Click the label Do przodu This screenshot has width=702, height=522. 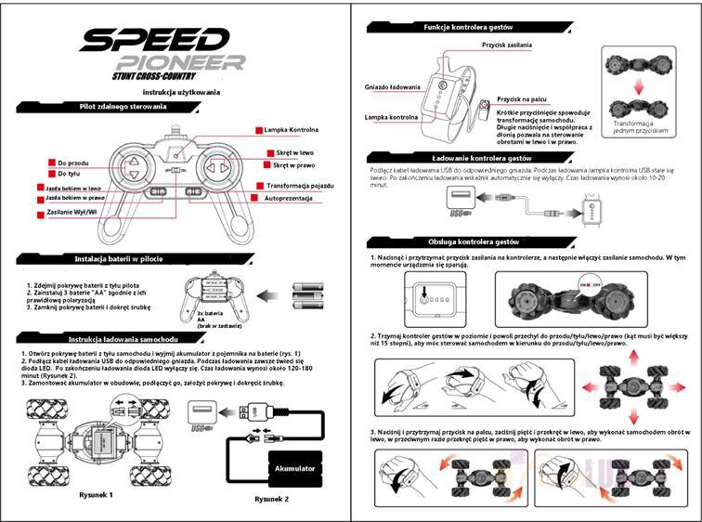pos(72,163)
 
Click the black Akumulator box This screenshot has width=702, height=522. pos(297,469)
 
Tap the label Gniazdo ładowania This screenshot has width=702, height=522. pos(395,87)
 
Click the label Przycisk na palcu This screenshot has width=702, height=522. pos(522,98)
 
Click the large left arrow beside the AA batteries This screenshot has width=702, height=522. pos(271,295)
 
